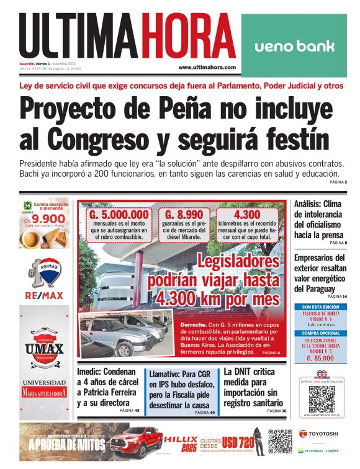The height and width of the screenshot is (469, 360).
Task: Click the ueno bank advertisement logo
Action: tap(294, 46)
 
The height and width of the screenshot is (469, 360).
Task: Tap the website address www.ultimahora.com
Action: tap(207, 67)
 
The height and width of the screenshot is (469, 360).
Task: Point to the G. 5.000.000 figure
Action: tap(119, 215)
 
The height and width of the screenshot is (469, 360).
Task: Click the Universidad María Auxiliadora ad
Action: tap(43, 388)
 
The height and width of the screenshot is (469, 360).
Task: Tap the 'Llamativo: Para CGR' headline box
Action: tap(181, 388)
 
